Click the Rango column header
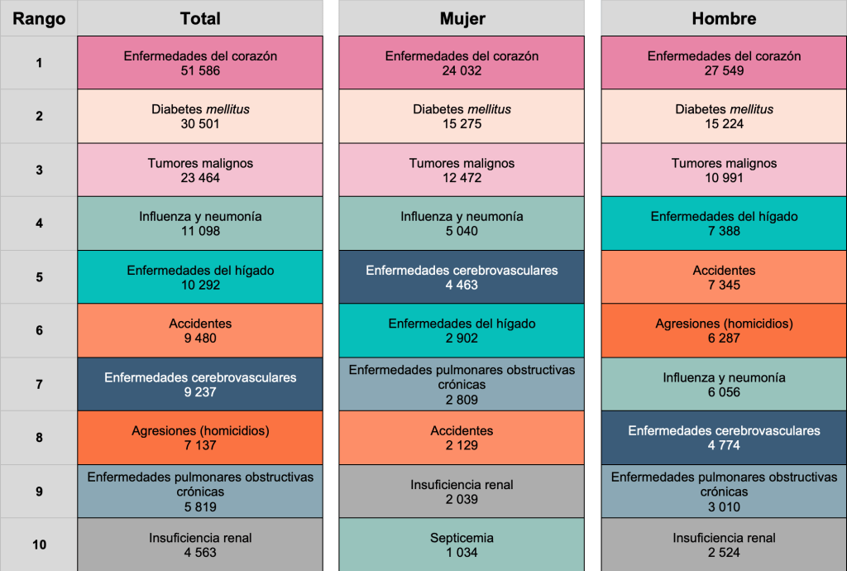tap(39, 18)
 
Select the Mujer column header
tap(462, 18)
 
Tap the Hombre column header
tap(724, 18)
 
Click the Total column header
tap(200, 18)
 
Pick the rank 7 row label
tap(39, 384)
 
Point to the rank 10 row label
tap(39, 545)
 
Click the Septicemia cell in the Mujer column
tap(462, 545)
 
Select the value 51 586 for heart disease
tap(200, 71)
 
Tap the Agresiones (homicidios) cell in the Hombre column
tap(724, 330)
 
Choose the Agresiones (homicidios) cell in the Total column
tap(200, 438)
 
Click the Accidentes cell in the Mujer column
tap(462, 438)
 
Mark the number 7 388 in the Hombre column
tap(724, 231)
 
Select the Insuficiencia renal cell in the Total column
tap(200, 545)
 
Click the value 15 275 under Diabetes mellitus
tap(462, 124)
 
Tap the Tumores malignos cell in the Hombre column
tap(724, 170)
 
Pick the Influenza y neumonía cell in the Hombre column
tap(724, 384)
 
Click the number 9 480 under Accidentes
tap(200, 338)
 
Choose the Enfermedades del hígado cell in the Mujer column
tap(462, 330)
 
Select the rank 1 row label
tap(39, 62)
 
